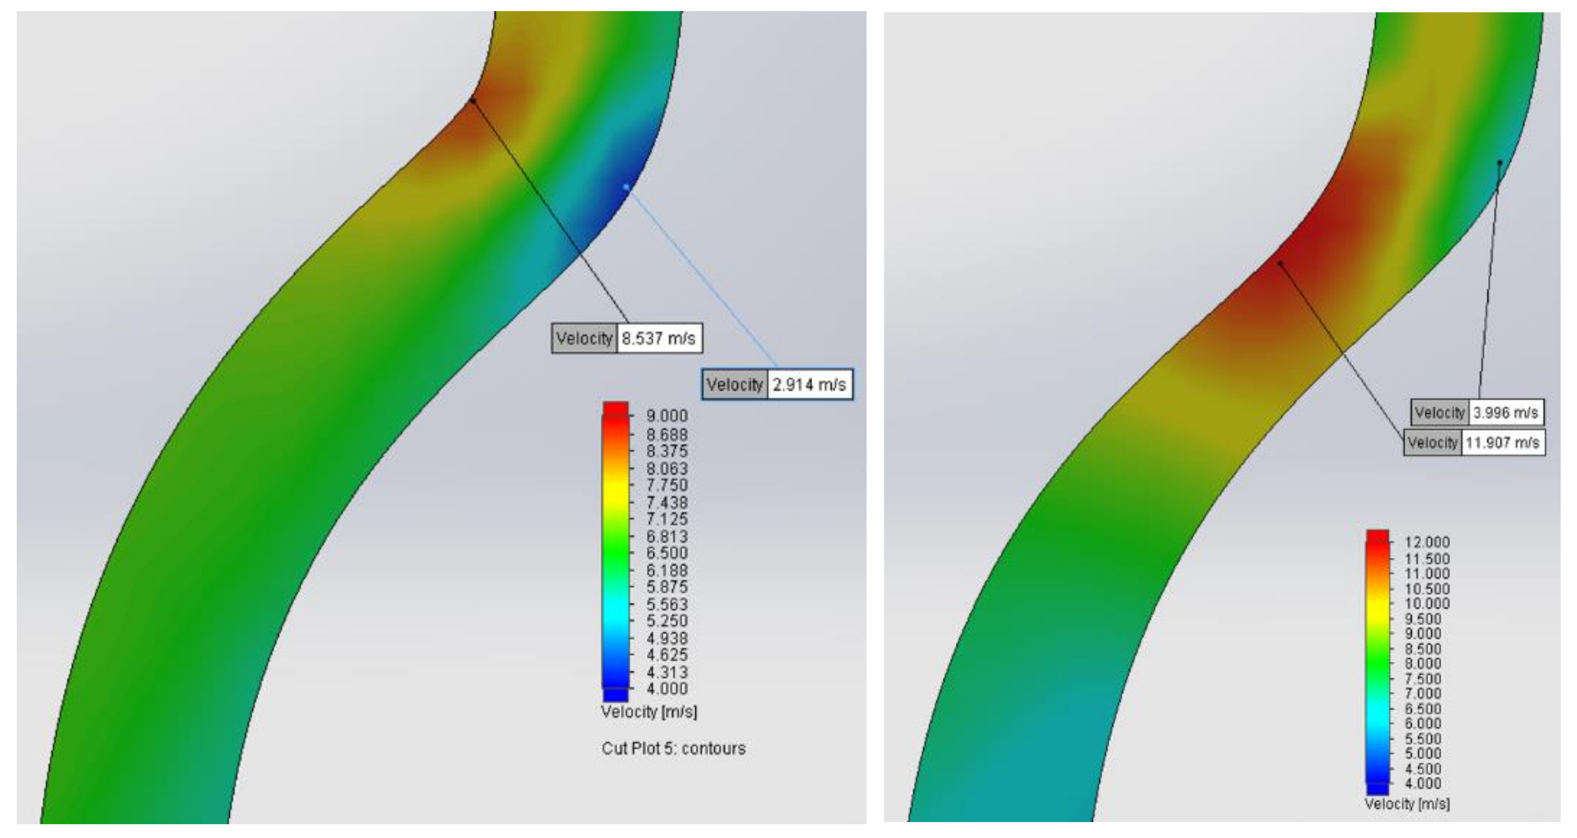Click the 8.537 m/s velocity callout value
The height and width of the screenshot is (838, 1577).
[x=659, y=339]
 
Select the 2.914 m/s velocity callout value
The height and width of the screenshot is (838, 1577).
[x=809, y=385]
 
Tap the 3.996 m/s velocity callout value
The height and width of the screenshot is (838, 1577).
[x=1506, y=413]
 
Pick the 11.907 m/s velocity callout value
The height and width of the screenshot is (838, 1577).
[x=1502, y=443]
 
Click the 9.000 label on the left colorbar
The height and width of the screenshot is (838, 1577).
[x=667, y=416]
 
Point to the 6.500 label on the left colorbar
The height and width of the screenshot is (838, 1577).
[x=667, y=553]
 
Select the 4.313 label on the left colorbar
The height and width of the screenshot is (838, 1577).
[x=667, y=672]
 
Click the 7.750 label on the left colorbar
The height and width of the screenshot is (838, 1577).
[x=667, y=486]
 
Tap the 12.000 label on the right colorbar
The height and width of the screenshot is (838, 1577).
[x=1427, y=542]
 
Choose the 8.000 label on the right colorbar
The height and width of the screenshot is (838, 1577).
[x=1422, y=663]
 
